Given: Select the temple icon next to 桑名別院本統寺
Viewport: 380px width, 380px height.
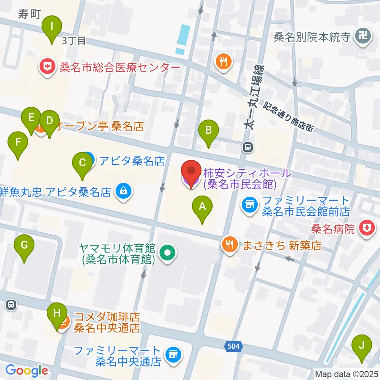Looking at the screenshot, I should click(363, 38).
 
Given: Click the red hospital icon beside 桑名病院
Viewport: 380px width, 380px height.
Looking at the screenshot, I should click(367, 228).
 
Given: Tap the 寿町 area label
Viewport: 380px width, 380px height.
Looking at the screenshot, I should click(29, 15).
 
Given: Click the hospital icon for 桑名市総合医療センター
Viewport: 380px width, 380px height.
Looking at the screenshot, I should click(47, 68).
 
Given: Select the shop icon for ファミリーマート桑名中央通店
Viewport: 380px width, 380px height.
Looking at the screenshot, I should click(173, 353).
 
